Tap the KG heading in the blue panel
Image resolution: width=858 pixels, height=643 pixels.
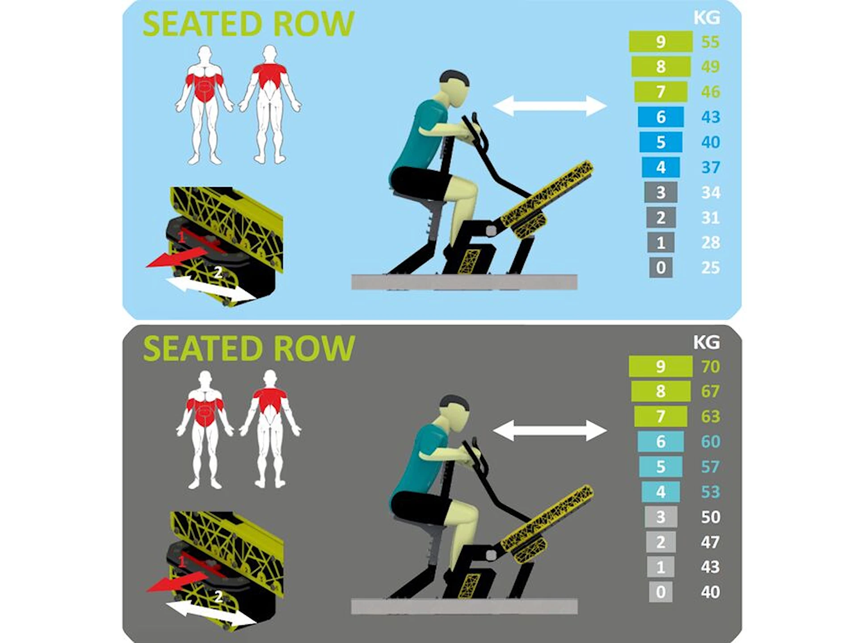(x=707, y=17)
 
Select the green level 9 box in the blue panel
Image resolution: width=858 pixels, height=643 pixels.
(x=660, y=42)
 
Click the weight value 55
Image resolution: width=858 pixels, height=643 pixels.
(x=710, y=42)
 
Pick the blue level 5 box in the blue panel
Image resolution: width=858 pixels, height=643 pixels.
(x=660, y=142)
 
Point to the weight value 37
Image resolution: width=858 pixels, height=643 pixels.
(x=710, y=167)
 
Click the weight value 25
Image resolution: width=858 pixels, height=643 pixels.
(x=710, y=267)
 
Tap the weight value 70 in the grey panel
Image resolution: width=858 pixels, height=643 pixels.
(x=710, y=367)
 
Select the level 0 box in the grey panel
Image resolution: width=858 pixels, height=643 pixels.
(x=660, y=592)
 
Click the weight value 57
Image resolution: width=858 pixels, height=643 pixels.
(x=710, y=467)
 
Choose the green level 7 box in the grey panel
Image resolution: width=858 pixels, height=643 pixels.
(x=660, y=416)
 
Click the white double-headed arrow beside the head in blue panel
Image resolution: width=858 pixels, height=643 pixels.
(x=550, y=106)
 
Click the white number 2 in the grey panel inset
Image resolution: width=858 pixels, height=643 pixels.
(x=219, y=597)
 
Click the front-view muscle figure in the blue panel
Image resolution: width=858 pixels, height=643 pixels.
(x=204, y=105)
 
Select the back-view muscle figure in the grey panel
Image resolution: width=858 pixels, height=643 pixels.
(x=269, y=429)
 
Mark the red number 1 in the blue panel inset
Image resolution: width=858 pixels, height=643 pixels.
(x=181, y=238)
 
